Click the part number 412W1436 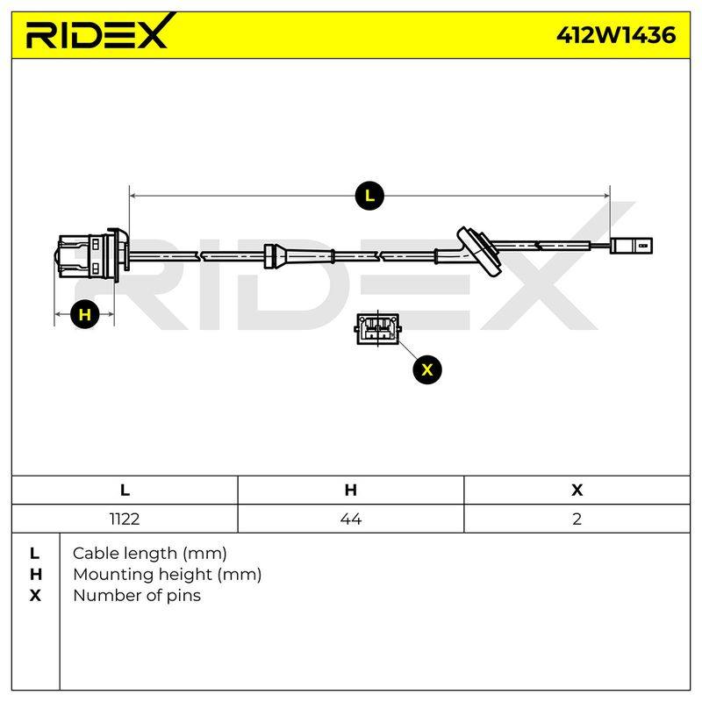616,35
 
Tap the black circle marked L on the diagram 369,196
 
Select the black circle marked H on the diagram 84,314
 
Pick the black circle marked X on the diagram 427,369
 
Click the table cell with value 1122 125,519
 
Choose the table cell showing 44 351,519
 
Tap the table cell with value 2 577,519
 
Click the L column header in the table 125,491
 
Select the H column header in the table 351,491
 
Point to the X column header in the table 577,491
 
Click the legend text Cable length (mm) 149,554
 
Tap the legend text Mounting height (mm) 167,575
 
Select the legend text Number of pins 137,596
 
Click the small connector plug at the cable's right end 631,246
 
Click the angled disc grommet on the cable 479,250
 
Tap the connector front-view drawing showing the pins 378,329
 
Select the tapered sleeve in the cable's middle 298,256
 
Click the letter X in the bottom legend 35,596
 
